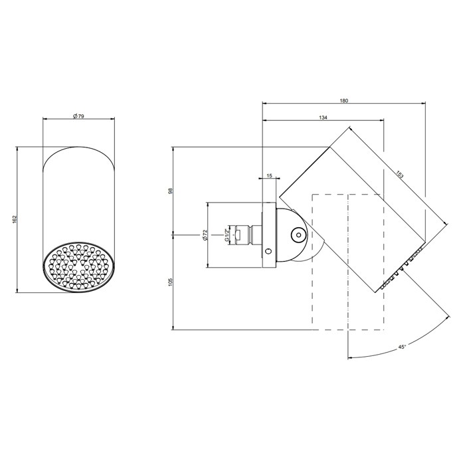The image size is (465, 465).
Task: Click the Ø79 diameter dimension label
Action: click(x=78, y=116)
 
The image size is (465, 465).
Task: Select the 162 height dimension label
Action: click(x=15, y=219)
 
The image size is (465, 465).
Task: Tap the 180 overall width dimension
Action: click(x=343, y=100)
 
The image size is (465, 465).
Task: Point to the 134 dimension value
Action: click(x=323, y=118)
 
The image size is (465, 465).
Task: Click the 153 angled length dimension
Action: click(x=399, y=174)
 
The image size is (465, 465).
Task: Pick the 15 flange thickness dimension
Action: click(x=269, y=176)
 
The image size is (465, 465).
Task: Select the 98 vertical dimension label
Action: click(x=170, y=191)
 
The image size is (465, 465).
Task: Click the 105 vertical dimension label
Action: click(x=170, y=282)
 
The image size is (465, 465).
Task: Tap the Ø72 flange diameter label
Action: click(x=205, y=235)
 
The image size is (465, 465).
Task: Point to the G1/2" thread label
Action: click(x=227, y=235)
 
